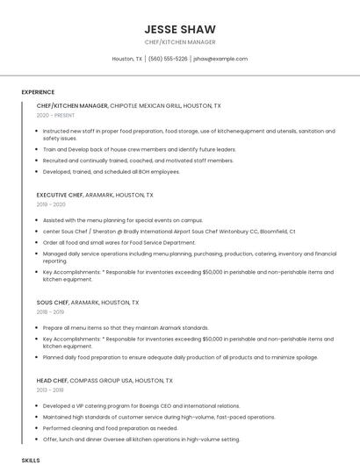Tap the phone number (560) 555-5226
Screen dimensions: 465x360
pyautogui.click(x=168, y=59)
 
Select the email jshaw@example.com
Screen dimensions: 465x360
pyautogui.click(x=220, y=59)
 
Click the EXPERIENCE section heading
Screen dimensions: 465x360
pyautogui.click(x=38, y=92)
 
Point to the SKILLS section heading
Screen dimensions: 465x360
pyautogui.click(x=31, y=460)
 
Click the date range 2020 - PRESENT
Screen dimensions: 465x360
pyautogui.click(x=55, y=115)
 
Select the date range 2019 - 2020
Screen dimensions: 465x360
pyautogui.click(x=51, y=204)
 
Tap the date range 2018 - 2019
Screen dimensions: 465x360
pyautogui.click(x=51, y=311)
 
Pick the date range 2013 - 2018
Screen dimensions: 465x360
pyautogui.click(x=51, y=390)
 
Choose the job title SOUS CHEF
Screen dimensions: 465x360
pyautogui.click(x=53, y=302)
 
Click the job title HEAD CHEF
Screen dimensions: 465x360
pyautogui.click(x=54, y=381)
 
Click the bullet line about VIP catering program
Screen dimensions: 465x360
pyautogui.click(x=140, y=406)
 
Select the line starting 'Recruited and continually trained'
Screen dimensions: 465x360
pyautogui.click(x=138, y=161)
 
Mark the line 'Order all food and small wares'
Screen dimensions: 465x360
pyautogui.click(x=119, y=242)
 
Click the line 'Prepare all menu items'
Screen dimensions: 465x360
pyautogui.click(x=126, y=327)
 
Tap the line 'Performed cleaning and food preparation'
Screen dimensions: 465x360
pyautogui.click(x=110, y=428)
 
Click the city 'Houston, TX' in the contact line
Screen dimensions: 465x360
pyautogui.click(x=127, y=59)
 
